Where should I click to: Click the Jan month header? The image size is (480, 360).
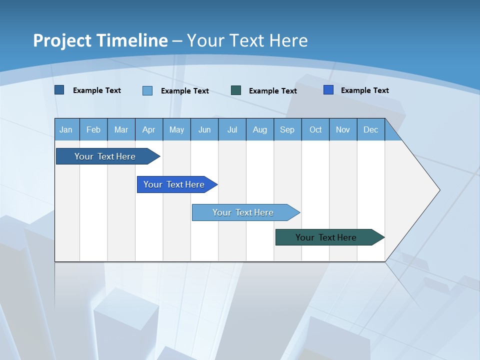click(66, 129)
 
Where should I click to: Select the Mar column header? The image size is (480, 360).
click(121, 129)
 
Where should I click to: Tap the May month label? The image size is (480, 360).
click(176, 129)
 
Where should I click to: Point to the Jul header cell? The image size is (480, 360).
click(232, 129)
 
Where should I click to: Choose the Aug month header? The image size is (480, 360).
click(259, 129)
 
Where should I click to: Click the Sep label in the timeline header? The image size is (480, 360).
click(287, 129)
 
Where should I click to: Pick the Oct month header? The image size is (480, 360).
click(315, 129)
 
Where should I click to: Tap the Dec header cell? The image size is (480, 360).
click(370, 129)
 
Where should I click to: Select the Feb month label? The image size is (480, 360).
click(93, 129)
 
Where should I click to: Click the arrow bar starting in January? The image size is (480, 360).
click(105, 156)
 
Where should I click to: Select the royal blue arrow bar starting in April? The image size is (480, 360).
click(174, 184)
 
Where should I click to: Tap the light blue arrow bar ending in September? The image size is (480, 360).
click(243, 212)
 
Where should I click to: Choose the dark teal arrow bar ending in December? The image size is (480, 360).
click(326, 237)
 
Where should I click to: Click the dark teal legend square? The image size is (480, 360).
click(236, 90)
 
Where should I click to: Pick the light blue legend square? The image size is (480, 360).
click(147, 90)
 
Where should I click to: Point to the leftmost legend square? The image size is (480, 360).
click(59, 90)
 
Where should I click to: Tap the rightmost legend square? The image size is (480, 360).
click(328, 90)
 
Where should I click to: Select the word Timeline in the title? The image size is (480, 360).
click(132, 40)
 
